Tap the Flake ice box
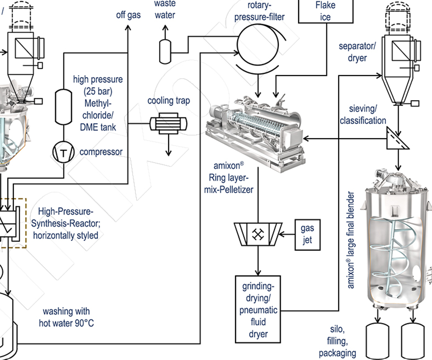pyautogui.click(x=325, y=11)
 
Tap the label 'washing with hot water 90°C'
pyautogui.click(x=66, y=317)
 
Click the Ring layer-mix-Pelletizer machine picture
pyautogui.click(x=254, y=129)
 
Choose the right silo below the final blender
pyautogui.click(x=414, y=341)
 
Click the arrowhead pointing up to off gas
pyautogui.click(x=128, y=29)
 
